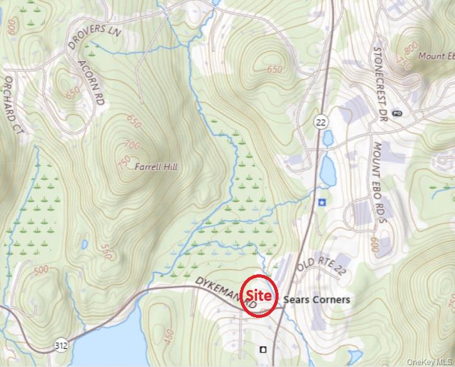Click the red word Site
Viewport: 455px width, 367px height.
(x=260, y=295)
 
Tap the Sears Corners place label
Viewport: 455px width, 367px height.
(x=317, y=299)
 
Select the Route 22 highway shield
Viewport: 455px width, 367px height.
(x=321, y=122)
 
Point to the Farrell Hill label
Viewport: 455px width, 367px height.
(x=156, y=167)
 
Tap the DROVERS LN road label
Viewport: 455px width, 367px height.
(x=93, y=38)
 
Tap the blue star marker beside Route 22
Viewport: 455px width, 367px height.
(x=322, y=202)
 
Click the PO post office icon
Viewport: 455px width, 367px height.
(x=396, y=113)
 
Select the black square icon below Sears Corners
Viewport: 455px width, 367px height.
(x=263, y=349)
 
